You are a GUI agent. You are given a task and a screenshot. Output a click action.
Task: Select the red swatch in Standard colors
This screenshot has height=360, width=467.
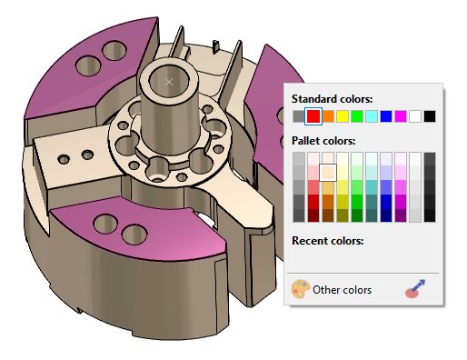pyautogui.click(x=313, y=116)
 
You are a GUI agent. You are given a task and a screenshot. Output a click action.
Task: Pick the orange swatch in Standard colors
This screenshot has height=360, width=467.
pyautogui.click(x=328, y=116)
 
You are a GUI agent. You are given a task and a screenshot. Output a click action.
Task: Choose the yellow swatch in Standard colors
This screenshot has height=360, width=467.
pyautogui.click(x=343, y=116)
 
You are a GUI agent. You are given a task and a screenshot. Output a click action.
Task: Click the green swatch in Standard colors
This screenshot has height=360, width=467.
pyautogui.click(x=357, y=116)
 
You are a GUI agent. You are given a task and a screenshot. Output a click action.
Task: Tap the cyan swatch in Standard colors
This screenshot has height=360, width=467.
pyautogui.click(x=372, y=116)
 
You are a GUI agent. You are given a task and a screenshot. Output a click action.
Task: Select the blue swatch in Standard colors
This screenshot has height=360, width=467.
pyautogui.click(x=386, y=116)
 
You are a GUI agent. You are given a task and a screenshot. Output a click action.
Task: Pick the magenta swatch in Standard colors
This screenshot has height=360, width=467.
pyautogui.click(x=401, y=116)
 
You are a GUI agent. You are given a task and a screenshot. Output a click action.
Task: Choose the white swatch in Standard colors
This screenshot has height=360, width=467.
pyautogui.click(x=415, y=116)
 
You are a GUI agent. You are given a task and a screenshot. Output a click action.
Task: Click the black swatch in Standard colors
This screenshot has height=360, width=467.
pyautogui.click(x=430, y=116)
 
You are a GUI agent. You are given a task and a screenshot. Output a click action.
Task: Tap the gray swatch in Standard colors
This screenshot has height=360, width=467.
pyautogui.click(x=299, y=116)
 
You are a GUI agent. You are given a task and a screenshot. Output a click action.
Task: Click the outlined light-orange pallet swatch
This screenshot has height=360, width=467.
pyautogui.click(x=328, y=172)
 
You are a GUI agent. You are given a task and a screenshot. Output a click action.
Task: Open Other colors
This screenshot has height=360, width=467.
pyautogui.click(x=342, y=290)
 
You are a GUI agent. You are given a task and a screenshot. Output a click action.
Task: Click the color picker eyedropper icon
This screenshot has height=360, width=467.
pyautogui.click(x=416, y=290)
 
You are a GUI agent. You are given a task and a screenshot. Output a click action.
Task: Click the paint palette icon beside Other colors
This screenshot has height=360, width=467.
pyautogui.click(x=301, y=290)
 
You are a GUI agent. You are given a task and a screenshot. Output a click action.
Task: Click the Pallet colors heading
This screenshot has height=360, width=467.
pyautogui.click(x=323, y=141)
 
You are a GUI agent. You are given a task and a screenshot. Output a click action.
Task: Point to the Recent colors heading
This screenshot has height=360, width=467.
pyautogui.click(x=327, y=241)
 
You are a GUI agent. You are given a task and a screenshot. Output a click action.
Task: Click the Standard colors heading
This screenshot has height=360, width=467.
pyautogui.click(x=331, y=98)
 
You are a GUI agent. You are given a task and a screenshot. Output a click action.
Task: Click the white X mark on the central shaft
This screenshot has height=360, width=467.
pyautogui.click(x=169, y=82)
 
